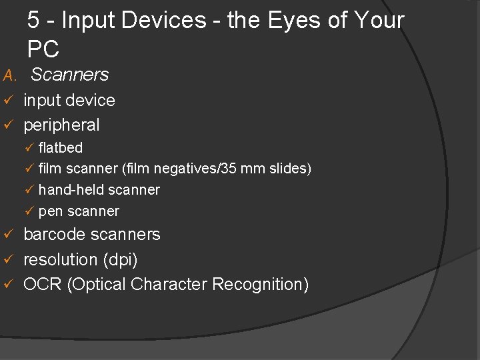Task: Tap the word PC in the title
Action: (43, 49)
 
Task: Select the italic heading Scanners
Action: (69, 75)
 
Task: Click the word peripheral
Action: (61, 125)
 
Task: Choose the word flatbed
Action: (61, 147)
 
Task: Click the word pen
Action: (49, 212)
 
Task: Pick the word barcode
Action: (54, 235)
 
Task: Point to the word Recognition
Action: (260, 285)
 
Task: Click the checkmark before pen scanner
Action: (29, 211)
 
